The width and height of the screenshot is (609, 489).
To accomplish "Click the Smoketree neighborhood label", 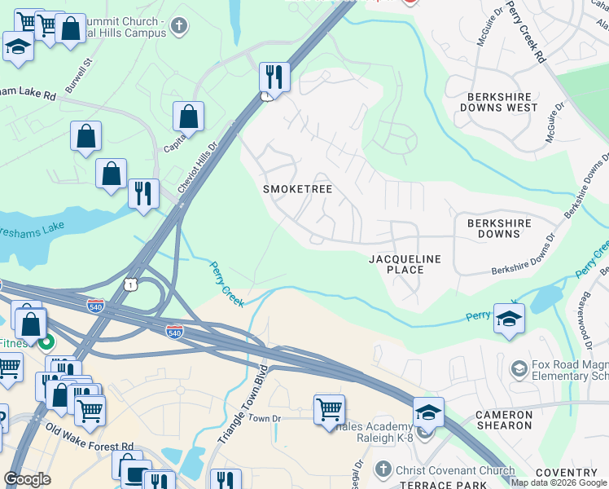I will pos(297,189).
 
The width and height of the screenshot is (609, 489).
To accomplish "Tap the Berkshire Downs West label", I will pos(499,101).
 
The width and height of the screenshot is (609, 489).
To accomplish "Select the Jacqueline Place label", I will pos(405,264).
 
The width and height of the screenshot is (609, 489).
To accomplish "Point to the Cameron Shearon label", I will pos(504,420).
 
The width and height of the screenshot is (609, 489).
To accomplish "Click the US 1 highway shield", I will pos(130,283).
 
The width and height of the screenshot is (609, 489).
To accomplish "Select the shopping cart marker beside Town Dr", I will pos(329,409).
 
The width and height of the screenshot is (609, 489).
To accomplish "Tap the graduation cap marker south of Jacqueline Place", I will pos(509,318).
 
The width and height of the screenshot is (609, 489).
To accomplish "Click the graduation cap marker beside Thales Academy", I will pos(427,412).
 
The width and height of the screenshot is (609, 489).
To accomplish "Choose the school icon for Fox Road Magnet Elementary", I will pos(519,370).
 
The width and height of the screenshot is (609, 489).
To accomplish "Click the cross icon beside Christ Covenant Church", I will pos(383,469).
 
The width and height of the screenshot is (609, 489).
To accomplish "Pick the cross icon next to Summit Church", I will pos(180,26).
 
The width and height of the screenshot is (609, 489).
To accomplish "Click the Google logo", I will pos(27,480).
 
